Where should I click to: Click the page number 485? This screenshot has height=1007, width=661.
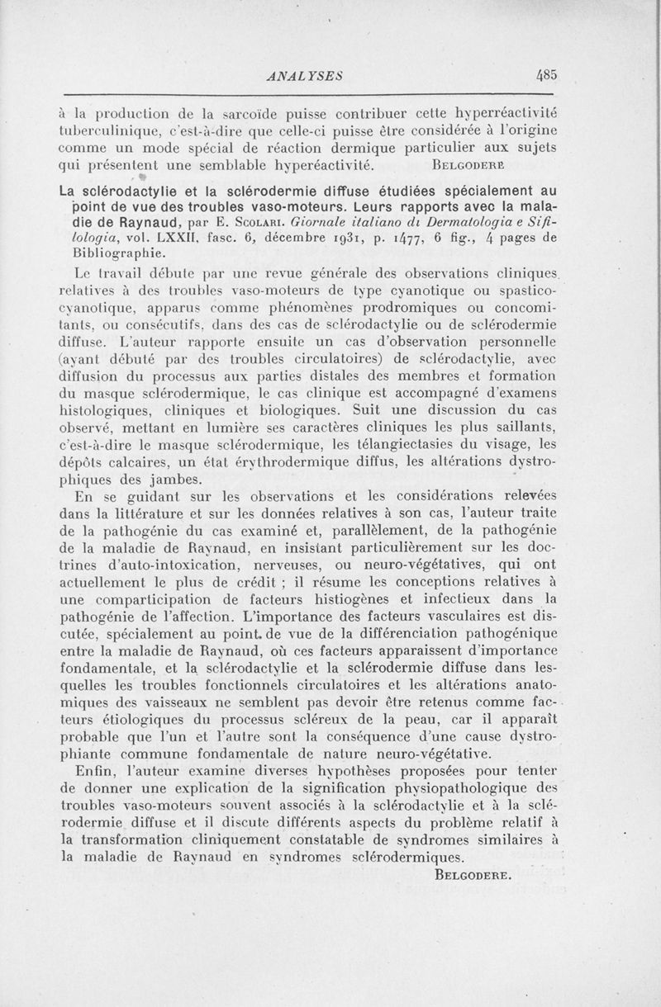tap(546, 73)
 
